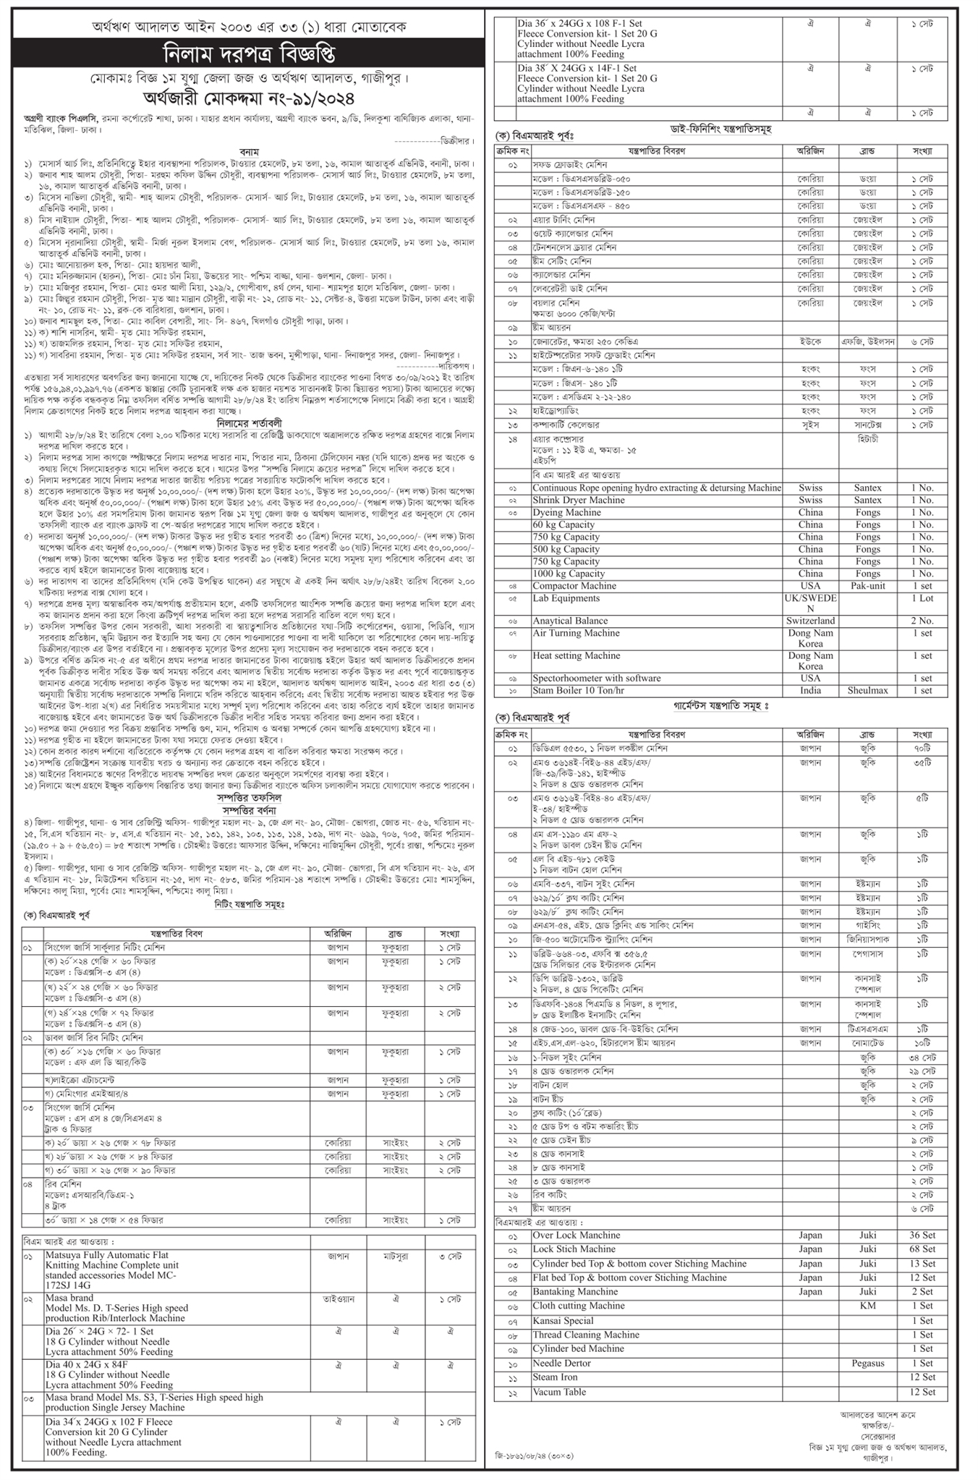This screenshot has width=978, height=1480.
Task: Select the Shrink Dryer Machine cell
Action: pos(578,500)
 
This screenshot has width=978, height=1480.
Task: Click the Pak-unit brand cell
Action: pos(867,586)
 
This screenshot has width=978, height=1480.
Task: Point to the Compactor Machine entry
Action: pos(574,586)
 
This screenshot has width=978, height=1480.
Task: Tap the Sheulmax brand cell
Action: pos(867,691)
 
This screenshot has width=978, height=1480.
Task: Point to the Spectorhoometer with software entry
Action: pos(596,679)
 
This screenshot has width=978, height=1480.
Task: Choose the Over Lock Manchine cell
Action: pos(576,1236)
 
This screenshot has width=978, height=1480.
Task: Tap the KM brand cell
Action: pos(867,1306)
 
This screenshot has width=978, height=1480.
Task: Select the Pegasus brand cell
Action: pos(867,1364)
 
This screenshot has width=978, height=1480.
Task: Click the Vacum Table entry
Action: pos(559,1392)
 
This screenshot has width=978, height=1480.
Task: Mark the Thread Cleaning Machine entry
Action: pos(586,1335)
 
